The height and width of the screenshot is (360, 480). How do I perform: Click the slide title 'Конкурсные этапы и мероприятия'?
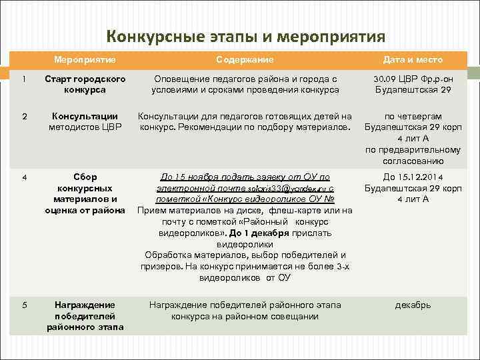(246, 35)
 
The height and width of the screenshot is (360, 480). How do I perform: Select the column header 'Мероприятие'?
(85, 59)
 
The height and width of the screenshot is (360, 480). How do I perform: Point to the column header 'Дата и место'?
(408, 59)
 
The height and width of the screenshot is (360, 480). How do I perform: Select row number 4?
(24, 177)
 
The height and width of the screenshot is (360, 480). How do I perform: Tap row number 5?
(24, 305)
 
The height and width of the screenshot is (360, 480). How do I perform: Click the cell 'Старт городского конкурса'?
(85, 84)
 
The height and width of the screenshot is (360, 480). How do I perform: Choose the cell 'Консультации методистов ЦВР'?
(85, 121)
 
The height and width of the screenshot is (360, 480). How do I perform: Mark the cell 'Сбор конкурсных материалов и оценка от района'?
(85, 193)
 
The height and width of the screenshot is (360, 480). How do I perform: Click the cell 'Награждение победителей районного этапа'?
(85, 315)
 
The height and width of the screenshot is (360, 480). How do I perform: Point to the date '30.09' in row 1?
(385, 79)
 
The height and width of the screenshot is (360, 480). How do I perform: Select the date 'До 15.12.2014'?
(408, 177)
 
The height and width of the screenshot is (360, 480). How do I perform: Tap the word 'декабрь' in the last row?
(408, 305)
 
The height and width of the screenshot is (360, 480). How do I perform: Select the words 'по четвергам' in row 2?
(408, 116)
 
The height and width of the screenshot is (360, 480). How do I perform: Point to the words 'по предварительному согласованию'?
(408, 155)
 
